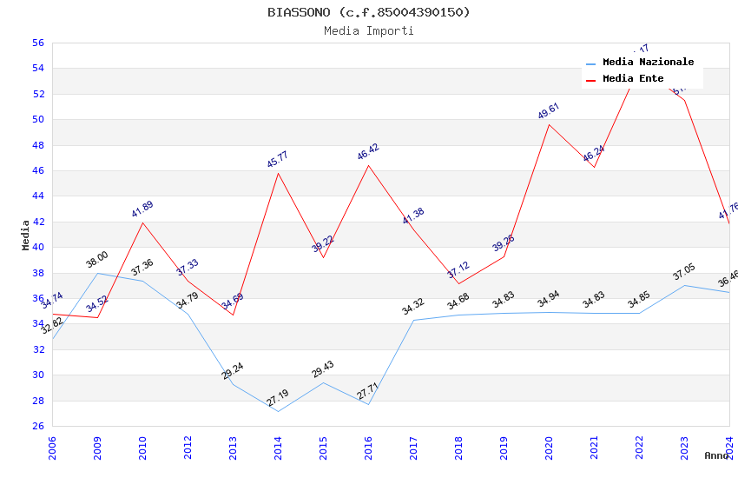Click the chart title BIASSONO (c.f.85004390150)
[x=368, y=12]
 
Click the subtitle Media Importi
[x=368, y=30]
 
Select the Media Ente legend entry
[x=633, y=79]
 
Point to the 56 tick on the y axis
[x=37, y=43]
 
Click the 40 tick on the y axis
[x=37, y=247]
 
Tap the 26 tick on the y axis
[x=37, y=426]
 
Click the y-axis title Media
[x=26, y=235]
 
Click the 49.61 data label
[x=549, y=111]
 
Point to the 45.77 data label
[x=278, y=159]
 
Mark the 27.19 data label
[x=278, y=399]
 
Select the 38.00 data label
[x=97, y=259]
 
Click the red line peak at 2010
[x=142, y=222]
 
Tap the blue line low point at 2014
[x=278, y=411]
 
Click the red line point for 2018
[x=458, y=284]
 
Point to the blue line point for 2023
[x=684, y=285]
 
